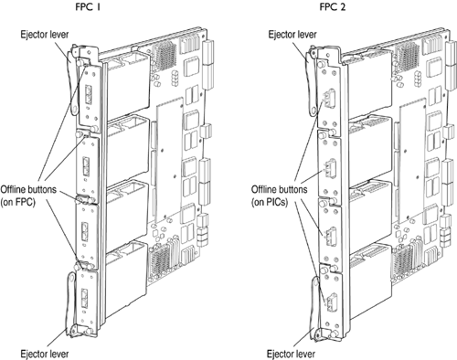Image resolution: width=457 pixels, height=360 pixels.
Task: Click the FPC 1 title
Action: tap(88, 6)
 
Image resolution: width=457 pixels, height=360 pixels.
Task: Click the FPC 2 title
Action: tap(333, 6)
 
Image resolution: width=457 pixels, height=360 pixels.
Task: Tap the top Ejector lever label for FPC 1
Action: tap(45, 34)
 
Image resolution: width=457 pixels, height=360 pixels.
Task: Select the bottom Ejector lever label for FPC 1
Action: tap(45, 354)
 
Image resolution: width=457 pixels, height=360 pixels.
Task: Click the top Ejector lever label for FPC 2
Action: tap(292, 34)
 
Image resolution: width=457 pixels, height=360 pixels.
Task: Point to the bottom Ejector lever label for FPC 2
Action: tap(291, 354)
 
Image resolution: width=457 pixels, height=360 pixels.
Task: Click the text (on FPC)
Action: tap(18, 202)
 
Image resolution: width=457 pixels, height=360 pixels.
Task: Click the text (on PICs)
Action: tap(270, 202)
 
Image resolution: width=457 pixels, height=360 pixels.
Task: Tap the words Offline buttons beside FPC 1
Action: tap(28, 189)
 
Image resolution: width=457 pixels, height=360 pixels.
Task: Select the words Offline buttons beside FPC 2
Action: tap(279, 189)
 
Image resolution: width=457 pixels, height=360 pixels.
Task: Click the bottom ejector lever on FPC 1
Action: tap(72, 304)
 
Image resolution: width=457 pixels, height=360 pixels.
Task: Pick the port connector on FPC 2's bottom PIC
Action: tap(331, 302)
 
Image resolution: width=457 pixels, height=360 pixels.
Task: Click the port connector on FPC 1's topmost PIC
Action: tap(88, 94)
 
